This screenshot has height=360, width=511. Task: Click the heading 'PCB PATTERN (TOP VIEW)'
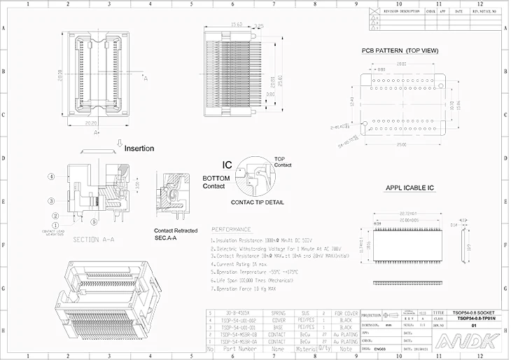tap(400, 51)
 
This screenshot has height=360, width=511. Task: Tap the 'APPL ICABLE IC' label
tap(410, 188)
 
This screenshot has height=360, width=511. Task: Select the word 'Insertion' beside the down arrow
tap(139, 148)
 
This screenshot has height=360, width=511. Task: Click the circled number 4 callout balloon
tap(52, 176)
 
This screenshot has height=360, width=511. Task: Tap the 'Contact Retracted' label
tap(176, 230)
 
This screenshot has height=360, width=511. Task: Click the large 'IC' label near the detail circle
tap(227, 165)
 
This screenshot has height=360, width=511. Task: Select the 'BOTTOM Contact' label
tap(215, 182)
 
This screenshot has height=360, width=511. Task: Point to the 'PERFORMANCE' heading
tap(231, 229)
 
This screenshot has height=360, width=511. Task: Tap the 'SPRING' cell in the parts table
tap(278, 313)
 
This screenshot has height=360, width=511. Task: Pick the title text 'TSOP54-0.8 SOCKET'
tap(474, 313)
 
